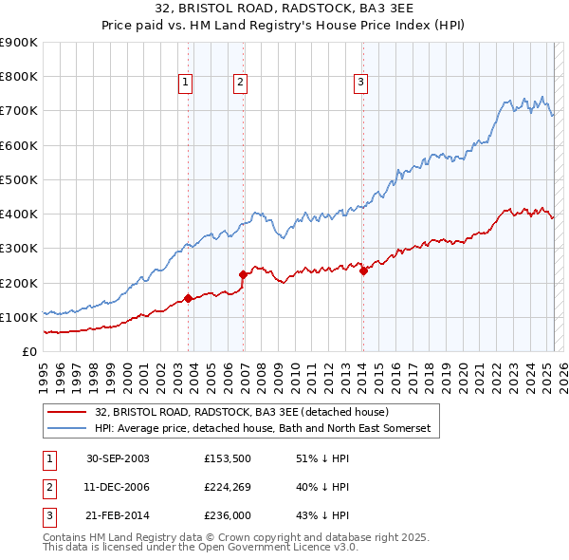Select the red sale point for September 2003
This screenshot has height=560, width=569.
click(188, 298)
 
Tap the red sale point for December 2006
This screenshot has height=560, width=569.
click(243, 275)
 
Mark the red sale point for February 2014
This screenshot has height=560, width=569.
click(363, 271)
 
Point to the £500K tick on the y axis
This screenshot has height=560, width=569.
click(20, 179)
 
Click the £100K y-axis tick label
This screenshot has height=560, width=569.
click(20, 317)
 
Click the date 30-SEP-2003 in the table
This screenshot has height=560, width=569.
click(118, 458)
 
